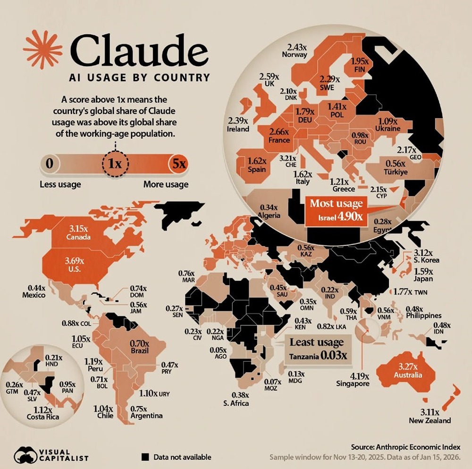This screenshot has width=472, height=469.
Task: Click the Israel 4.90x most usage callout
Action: click(x=336, y=211)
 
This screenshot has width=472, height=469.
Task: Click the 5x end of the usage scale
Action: click(x=179, y=164)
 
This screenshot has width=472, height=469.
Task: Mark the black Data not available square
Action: click(x=145, y=457)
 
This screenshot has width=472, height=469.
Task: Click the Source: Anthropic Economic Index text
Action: click(x=406, y=447)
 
